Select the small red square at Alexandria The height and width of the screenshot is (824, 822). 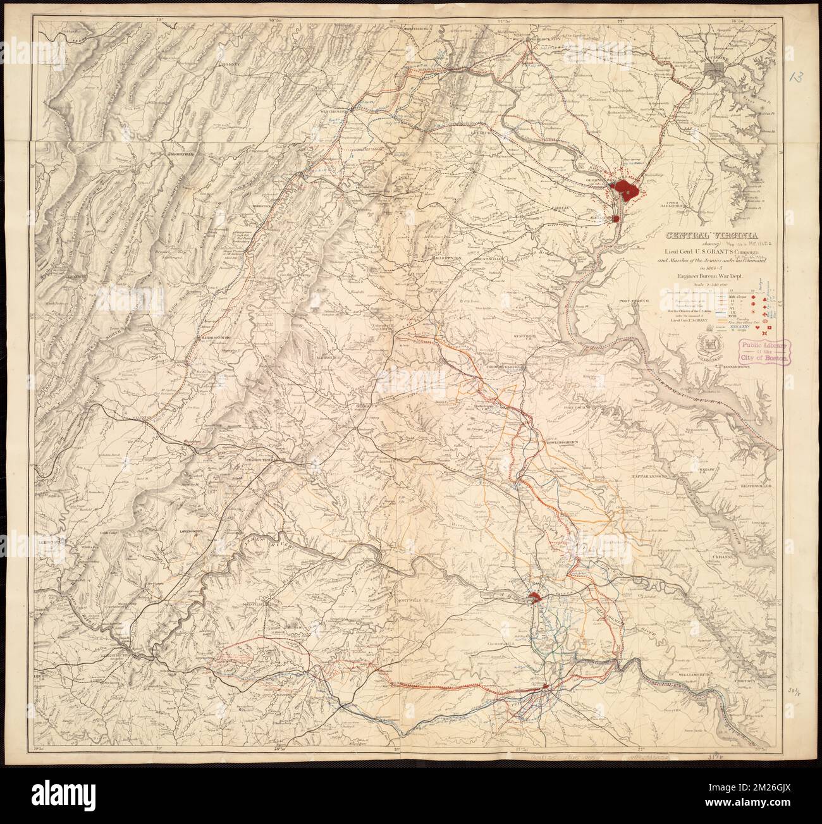coord(616,218)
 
